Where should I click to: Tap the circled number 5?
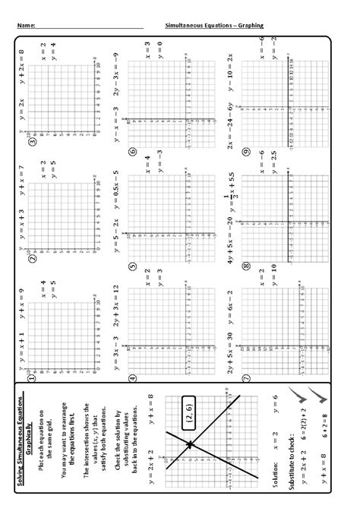[x=132, y=267]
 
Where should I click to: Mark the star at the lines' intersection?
[x=188, y=443]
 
